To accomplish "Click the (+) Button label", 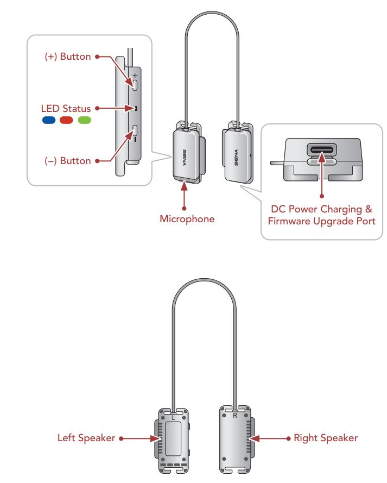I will [68, 57].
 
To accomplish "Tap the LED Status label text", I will [66, 109].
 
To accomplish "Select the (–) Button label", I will [68, 161].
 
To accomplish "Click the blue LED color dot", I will [49, 120].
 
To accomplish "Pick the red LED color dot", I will [66, 120].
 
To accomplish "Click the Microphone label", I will [187, 219].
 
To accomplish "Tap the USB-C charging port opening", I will [322, 150].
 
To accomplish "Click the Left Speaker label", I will [86, 438].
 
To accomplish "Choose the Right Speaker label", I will [326, 438].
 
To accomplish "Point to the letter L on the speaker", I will [173, 418].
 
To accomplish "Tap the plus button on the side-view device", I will [135, 85].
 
